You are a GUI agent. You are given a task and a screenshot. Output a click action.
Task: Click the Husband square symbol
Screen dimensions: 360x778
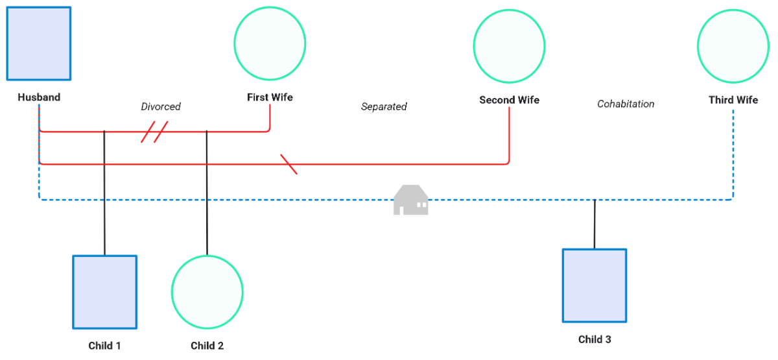pos(39,43)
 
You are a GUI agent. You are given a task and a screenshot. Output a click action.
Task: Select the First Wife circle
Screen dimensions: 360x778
pos(270,43)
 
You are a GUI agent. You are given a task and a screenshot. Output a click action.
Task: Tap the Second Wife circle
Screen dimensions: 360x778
pos(509,45)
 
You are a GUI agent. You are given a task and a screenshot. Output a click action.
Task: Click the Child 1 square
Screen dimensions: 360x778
pos(104,292)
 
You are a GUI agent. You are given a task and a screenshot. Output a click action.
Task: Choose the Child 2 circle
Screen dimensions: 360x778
pos(207,291)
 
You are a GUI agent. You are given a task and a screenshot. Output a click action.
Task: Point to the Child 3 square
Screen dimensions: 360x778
pos(594,285)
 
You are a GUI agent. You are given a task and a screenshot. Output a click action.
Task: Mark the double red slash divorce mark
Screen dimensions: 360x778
pos(154,132)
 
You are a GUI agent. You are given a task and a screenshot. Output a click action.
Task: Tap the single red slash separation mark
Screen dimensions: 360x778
pos(289,165)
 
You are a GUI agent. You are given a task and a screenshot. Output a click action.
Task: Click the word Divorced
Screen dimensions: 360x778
pos(161,106)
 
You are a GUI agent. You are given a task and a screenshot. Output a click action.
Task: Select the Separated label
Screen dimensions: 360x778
pos(384,106)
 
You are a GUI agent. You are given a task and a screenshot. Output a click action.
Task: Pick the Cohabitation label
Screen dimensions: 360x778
pos(626,104)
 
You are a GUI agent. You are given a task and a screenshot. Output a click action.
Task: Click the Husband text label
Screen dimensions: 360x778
pos(39,97)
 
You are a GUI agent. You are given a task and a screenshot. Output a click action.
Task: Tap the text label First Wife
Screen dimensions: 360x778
pos(270,97)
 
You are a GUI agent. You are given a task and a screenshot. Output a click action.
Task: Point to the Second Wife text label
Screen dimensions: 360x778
pos(509,100)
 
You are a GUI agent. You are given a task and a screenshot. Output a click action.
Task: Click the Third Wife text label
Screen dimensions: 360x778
pos(733,100)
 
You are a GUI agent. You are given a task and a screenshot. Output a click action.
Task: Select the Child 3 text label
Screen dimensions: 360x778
pos(595,339)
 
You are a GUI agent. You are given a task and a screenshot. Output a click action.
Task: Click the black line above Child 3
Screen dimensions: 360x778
pos(595,224)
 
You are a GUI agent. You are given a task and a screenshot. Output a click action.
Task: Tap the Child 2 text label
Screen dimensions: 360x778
pos(207,346)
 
